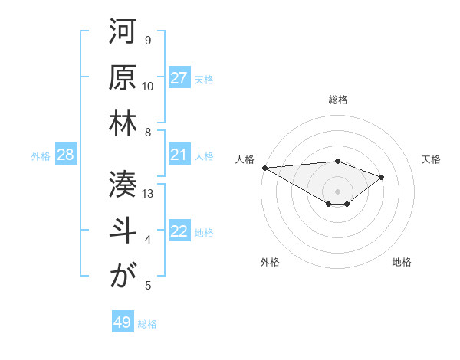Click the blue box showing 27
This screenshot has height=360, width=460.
179,78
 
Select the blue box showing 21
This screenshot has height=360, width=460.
179,155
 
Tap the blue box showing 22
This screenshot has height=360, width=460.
179,232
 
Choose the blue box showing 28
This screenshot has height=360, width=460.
66,155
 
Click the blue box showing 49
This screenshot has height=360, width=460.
123,322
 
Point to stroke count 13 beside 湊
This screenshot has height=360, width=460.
149,194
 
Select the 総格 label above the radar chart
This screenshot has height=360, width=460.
337,100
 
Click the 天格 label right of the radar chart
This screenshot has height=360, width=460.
431,159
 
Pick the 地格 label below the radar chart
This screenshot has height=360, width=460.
402,262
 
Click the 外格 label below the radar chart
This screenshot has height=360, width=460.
270,262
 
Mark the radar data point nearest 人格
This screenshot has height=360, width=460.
264,167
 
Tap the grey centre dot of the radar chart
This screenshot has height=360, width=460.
337,191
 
